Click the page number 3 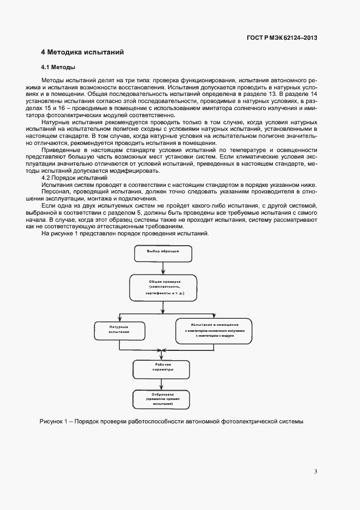click(315, 471)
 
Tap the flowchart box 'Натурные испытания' click(119, 329)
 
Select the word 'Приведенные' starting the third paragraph click(62, 149)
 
